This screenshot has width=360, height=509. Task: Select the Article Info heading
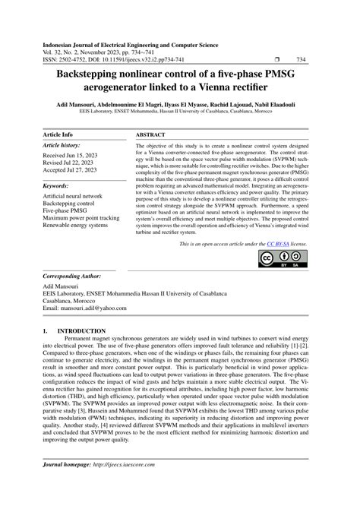pos(58,134)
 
